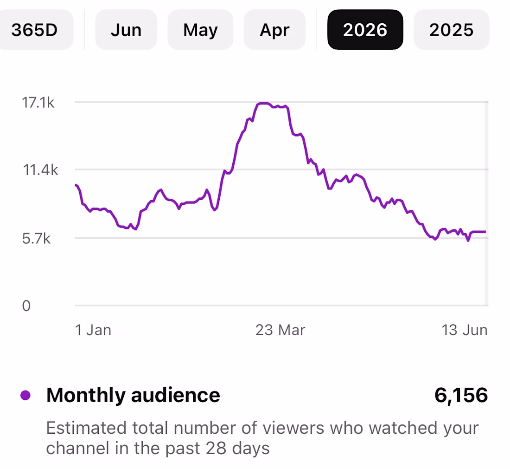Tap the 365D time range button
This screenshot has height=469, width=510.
pyautogui.click(x=35, y=30)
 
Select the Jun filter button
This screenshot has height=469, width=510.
pyautogui.click(x=126, y=30)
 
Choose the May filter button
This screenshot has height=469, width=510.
pyautogui.click(x=200, y=30)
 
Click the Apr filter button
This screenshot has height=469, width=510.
pyautogui.click(x=274, y=30)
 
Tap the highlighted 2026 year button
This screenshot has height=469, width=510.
pyautogui.click(x=365, y=30)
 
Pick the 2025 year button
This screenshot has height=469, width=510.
pyautogui.click(x=452, y=30)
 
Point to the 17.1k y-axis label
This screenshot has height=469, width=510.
pyautogui.click(x=38, y=103)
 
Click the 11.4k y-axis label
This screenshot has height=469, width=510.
pyautogui.click(x=40, y=170)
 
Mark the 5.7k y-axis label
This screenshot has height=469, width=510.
pyautogui.click(x=37, y=239)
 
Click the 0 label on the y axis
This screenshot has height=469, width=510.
pyautogui.click(x=26, y=306)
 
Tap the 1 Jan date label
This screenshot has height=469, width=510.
pyautogui.click(x=93, y=330)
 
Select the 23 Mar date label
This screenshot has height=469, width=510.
pyautogui.click(x=280, y=330)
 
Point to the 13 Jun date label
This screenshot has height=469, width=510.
pyautogui.click(x=465, y=330)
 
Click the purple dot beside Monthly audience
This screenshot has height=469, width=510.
pyautogui.click(x=25, y=395)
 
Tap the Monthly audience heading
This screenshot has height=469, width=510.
pyautogui.click(x=133, y=395)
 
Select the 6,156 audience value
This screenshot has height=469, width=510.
pyautogui.click(x=461, y=395)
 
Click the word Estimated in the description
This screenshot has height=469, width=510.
pyautogui.click(x=86, y=428)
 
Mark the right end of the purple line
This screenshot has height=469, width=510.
pyautogui.click(x=485, y=232)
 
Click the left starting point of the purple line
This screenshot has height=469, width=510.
pyautogui.click(x=76, y=185)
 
